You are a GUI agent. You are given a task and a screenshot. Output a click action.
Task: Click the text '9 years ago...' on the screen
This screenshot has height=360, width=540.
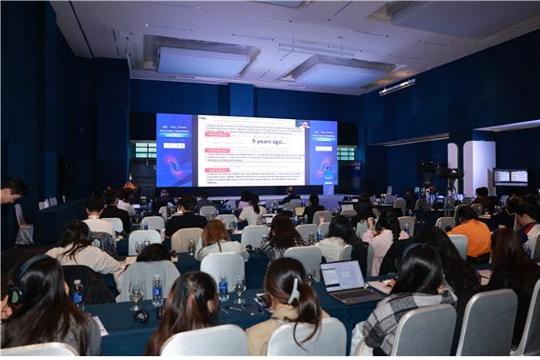click(252, 141)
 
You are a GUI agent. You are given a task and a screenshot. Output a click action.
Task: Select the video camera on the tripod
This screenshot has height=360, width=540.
click(428, 170)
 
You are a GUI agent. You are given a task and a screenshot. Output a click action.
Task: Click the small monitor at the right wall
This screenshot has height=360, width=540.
click(510, 176)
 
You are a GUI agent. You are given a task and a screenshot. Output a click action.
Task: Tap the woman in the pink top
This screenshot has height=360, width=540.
click(384, 238)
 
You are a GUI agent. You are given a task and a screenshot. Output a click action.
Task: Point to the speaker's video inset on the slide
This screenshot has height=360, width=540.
click(303, 125)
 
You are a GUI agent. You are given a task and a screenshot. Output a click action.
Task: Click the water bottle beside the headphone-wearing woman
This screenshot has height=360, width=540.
click(78, 292)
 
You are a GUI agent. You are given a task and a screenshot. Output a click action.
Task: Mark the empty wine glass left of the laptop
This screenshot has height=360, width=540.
click(240, 286)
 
